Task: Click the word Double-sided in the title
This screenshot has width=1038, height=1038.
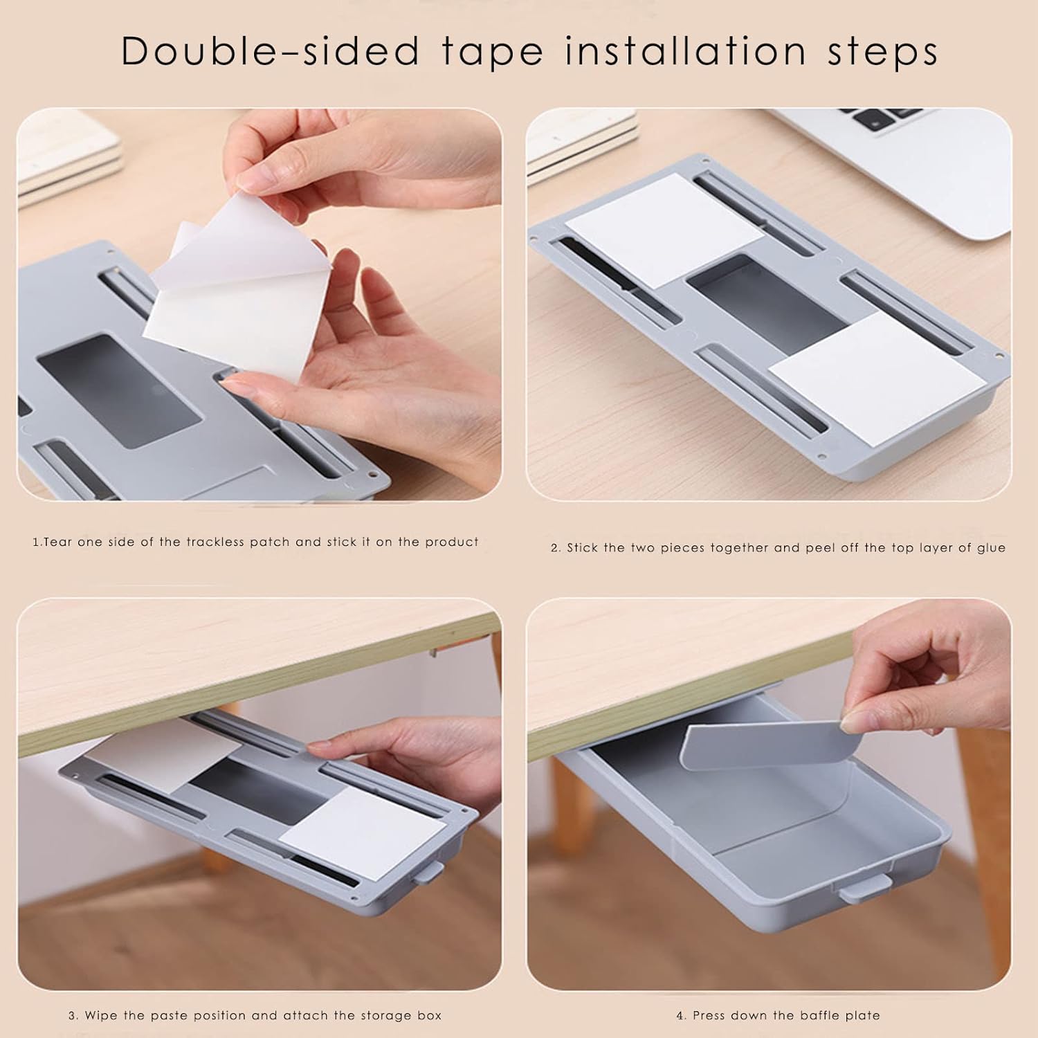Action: click(271, 51)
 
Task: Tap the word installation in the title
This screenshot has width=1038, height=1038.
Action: click(685, 51)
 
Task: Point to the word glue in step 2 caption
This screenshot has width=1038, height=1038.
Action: click(990, 547)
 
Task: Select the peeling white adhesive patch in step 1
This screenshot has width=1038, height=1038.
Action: click(228, 277)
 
